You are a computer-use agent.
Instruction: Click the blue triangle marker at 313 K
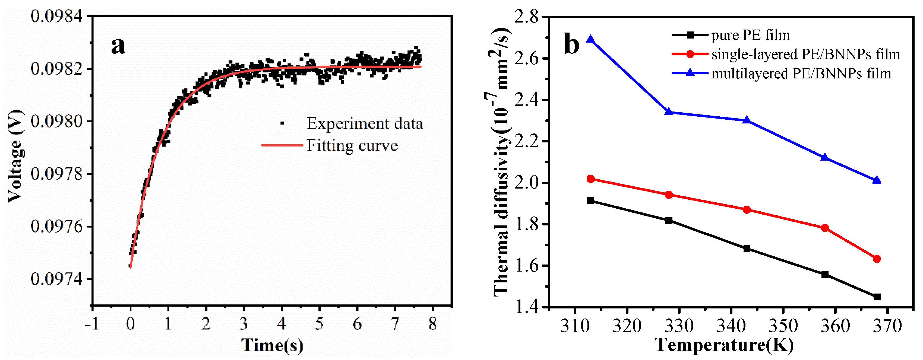pyautogui.click(x=591, y=39)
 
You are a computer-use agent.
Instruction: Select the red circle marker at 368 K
pyautogui.click(x=877, y=259)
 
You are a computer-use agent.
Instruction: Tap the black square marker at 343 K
pyautogui.click(x=747, y=249)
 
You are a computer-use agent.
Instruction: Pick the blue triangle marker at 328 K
pyautogui.click(x=669, y=112)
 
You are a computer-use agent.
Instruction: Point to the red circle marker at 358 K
pyautogui.click(x=825, y=228)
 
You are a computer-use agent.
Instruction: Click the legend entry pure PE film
pyautogui.click(x=750, y=35)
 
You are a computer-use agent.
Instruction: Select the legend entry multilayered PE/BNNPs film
pyautogui.click(x=801, y=74)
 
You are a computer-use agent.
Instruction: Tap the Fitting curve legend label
pyautogui.click(x=352, y=145)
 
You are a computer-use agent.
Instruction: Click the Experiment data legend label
pyautogui.click(x=364, y=124)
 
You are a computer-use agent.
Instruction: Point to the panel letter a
pyautogui.click(x=118, y=46)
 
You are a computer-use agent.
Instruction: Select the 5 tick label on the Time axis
pyautogui.click(x=319, y=324)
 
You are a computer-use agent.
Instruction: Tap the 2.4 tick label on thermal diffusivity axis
pyautogui.click(x=526, y=100)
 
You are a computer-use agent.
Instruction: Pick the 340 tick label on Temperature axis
pyautogui.click(x=731, y=326)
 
